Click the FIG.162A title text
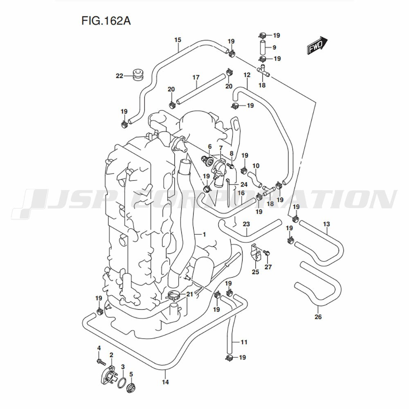pyautogui.click(x=106, y=21)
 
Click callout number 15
pyautogui.click(x=178, y=40)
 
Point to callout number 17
pyautogui.click(x=196, y=77)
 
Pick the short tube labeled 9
pyautogui.click(x=263, y=47)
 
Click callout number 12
pyautogui.click(x=247, y=75)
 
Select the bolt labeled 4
pyautogui.click(x=101, y=362)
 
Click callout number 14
pyautogui.click(x=165, y=382)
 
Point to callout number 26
pyautogui.click(x=318, y=317)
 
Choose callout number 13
pyautogui.click(x=326, y=224)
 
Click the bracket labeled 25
pyautogui.click(x=256, y=252)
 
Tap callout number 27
pyautogui.click(x=268, y=267)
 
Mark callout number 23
pyautogui.click(x=246, y=224)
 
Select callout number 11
pyautogui.click(x=244, y=342)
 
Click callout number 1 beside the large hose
pyautogui.click(x=204, y=234)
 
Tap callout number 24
pyautogui.click(x=244, y=185)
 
